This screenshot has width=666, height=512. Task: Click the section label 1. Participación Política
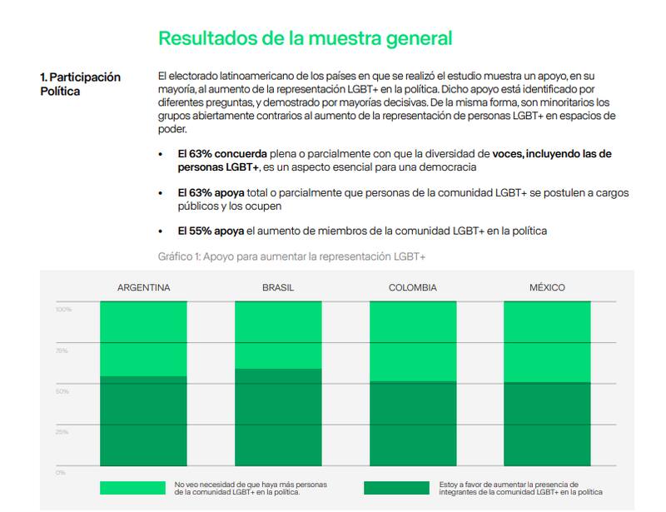tap(80, 84)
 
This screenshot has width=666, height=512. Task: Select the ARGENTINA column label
tap(144, 288)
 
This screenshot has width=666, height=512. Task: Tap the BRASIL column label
tap(278, 288)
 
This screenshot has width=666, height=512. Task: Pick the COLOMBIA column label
tap(413, 288)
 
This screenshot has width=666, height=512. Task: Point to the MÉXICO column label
tap(547, 288)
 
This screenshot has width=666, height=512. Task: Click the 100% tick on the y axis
tap(63, 310)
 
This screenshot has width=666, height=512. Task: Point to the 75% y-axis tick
tap(62, 350)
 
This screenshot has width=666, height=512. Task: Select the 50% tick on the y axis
tap(62, 390)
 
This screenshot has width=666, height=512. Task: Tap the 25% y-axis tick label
tap(62, 431)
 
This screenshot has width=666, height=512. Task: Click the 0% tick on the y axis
tap(60, 472)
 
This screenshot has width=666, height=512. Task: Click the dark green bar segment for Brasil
tap(278, 420)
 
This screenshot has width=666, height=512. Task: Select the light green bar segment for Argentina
tap(144, 339)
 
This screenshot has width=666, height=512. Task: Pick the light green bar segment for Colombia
tap(413, 341)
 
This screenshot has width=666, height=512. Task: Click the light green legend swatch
tap(132, 488)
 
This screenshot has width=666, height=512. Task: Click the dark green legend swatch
tap(396, 488)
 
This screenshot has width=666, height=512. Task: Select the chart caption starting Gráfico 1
tap(291, 256)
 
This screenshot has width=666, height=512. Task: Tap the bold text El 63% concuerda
tap(222, 155)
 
